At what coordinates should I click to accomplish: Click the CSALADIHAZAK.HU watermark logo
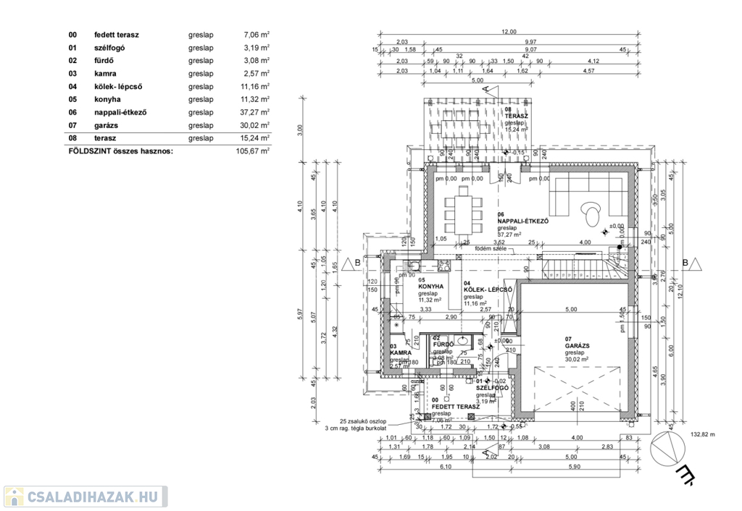pos(86,497)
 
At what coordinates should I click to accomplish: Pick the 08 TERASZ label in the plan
pos(516,116)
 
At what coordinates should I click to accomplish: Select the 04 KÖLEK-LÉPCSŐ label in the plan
pos(488,290)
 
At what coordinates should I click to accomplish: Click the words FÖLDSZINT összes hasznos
pos(120,151)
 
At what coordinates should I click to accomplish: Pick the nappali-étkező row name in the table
pos(120,112)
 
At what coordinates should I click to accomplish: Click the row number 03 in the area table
pos(72,73)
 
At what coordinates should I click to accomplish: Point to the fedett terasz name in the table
pos(117,34)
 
